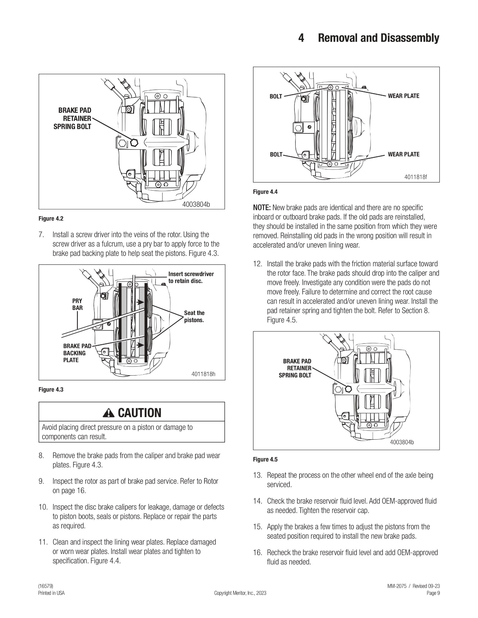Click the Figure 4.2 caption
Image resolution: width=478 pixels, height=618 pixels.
(x=51, y=219)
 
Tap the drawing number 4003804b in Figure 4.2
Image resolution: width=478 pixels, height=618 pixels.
(x=196, y=204)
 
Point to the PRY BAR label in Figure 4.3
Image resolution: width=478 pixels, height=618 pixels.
(x=77, y=304)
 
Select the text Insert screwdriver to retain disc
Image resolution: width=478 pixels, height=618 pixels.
(x=191, y=277)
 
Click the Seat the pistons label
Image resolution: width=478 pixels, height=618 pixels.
(x=194, y=316)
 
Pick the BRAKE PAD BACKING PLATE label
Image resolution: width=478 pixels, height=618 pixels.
(x=77, y=353)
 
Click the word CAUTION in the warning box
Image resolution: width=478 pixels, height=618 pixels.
(x=139, y=413)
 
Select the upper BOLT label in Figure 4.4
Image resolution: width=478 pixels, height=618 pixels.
(x=276, y=97)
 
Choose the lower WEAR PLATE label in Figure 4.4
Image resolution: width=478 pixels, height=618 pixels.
(x=403, y=154)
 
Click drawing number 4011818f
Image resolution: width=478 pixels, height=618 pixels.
(x=415, y=177)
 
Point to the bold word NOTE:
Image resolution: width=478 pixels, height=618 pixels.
(x=262, y=208)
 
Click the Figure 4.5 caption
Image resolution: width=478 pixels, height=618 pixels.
(x=265, y=460)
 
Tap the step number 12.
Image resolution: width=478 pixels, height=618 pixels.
(x=257, y=264)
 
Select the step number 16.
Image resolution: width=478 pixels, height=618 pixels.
(x=257, y=553)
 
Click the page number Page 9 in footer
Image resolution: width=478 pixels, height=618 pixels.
(x=433, y=593)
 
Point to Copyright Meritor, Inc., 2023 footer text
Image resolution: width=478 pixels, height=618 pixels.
(x=240, y=593)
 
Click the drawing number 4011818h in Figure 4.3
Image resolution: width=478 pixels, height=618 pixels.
(x=203, y=374)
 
